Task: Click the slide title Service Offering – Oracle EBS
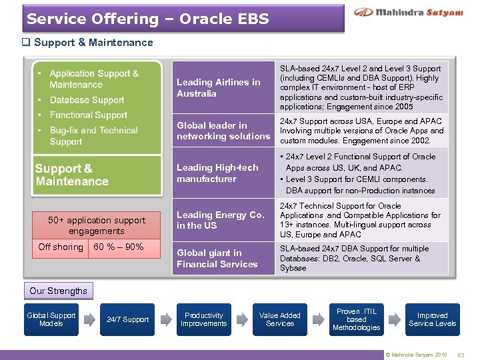coord(148,19)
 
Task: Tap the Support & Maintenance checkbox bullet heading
coord(88,43)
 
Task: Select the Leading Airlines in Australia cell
coord(223,88)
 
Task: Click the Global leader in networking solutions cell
coord(223,131)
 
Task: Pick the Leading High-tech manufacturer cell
coord(223,173)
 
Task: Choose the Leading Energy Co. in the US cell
coord(223,220)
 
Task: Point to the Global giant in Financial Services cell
coord(223,259)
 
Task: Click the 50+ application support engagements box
coord(97,225)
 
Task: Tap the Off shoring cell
coord(61,247)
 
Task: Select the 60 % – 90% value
coord(119,247)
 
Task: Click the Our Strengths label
coord(58,291)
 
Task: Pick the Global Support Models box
coord(51,319)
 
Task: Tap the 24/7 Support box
coord(127,319)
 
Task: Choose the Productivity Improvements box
coord(203,319)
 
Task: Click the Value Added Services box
coord(280,319)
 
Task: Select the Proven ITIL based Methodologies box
coord(356,319)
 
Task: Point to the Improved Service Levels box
coord(432,319)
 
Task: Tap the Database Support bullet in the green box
coord(87,100)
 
